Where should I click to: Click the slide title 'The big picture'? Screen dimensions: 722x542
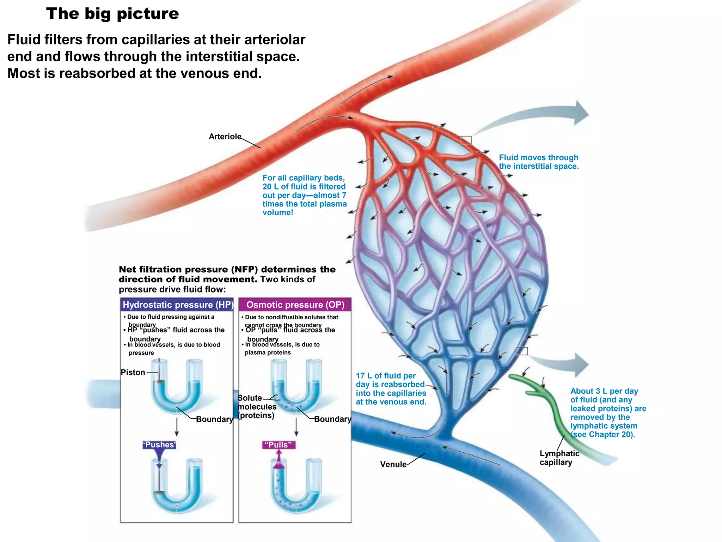point(112,14)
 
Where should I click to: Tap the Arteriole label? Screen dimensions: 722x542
point(225,137)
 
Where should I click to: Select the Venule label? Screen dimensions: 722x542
point(393,464)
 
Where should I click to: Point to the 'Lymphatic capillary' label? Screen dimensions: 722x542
point(559,458)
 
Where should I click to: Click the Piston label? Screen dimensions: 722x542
point(133,372)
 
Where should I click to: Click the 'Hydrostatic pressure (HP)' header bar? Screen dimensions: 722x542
point(177,305)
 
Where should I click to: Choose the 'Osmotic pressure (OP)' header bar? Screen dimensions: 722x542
point(295,305)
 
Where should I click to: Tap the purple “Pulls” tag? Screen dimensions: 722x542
point(279,445)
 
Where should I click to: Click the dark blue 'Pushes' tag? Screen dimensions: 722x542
point(159,445)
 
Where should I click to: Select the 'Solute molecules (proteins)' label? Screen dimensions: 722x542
point(256,406)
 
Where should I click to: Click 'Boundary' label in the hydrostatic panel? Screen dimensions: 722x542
point(214,419)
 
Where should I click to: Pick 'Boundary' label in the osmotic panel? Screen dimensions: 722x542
point(332,419)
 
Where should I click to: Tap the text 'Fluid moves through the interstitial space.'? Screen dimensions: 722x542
point(539,162)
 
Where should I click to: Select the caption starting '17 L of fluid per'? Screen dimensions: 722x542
point(391,389)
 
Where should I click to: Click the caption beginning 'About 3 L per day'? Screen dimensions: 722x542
point(608,412)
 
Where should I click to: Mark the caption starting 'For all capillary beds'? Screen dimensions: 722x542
point(304,195)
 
